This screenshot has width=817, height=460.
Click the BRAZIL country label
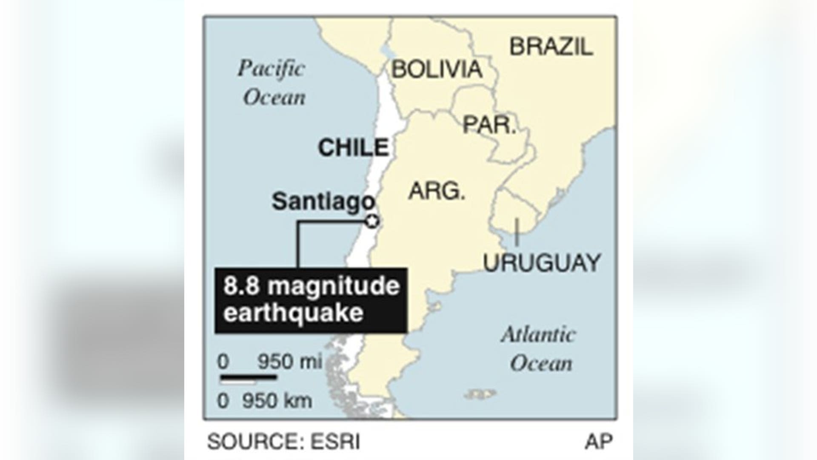pyautogui.click(x=551, y=47)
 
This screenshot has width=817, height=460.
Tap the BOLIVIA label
pyautogui.click(x=437, y=69)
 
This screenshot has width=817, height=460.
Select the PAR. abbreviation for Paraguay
pyautogui.click(x=489, y=125)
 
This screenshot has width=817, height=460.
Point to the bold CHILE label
pyautogui.click(x=353, y=148)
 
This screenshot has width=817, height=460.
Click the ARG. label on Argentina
pyautogui.click(x=437, y=191)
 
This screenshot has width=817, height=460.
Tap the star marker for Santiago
pyautogui.click(x=373, y=221)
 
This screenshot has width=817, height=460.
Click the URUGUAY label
pyautogui.click(x=542, y=263)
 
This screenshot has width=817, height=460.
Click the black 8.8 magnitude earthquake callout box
pyautogui.click(x=311, y=300)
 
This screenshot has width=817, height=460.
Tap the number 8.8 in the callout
pyautogui.click(x=241, y=286)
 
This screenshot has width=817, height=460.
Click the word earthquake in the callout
pyautogui.click(x=294, y=313)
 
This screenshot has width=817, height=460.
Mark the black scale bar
pyautogui.click(x=249, y=377)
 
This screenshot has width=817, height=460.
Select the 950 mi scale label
pyautogui.click(x=289, y=362)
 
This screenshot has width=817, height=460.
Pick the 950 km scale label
pyautogui.click(x=277, y=401)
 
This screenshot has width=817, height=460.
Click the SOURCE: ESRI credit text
pyautogui.click(x=283, y=442)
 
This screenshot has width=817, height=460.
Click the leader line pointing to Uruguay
pyautogui.click(x=517, y=232)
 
